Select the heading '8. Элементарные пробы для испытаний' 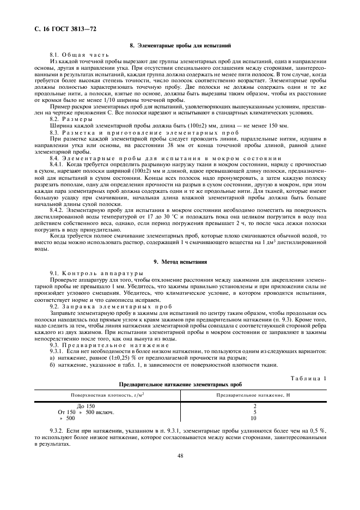180,46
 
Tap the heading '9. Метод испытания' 180,262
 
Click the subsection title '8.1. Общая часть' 80,56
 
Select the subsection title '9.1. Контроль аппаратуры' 96,272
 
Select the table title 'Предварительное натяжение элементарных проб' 180,384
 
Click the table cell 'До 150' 85,406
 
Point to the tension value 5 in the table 254,412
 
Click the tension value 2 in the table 254,406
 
